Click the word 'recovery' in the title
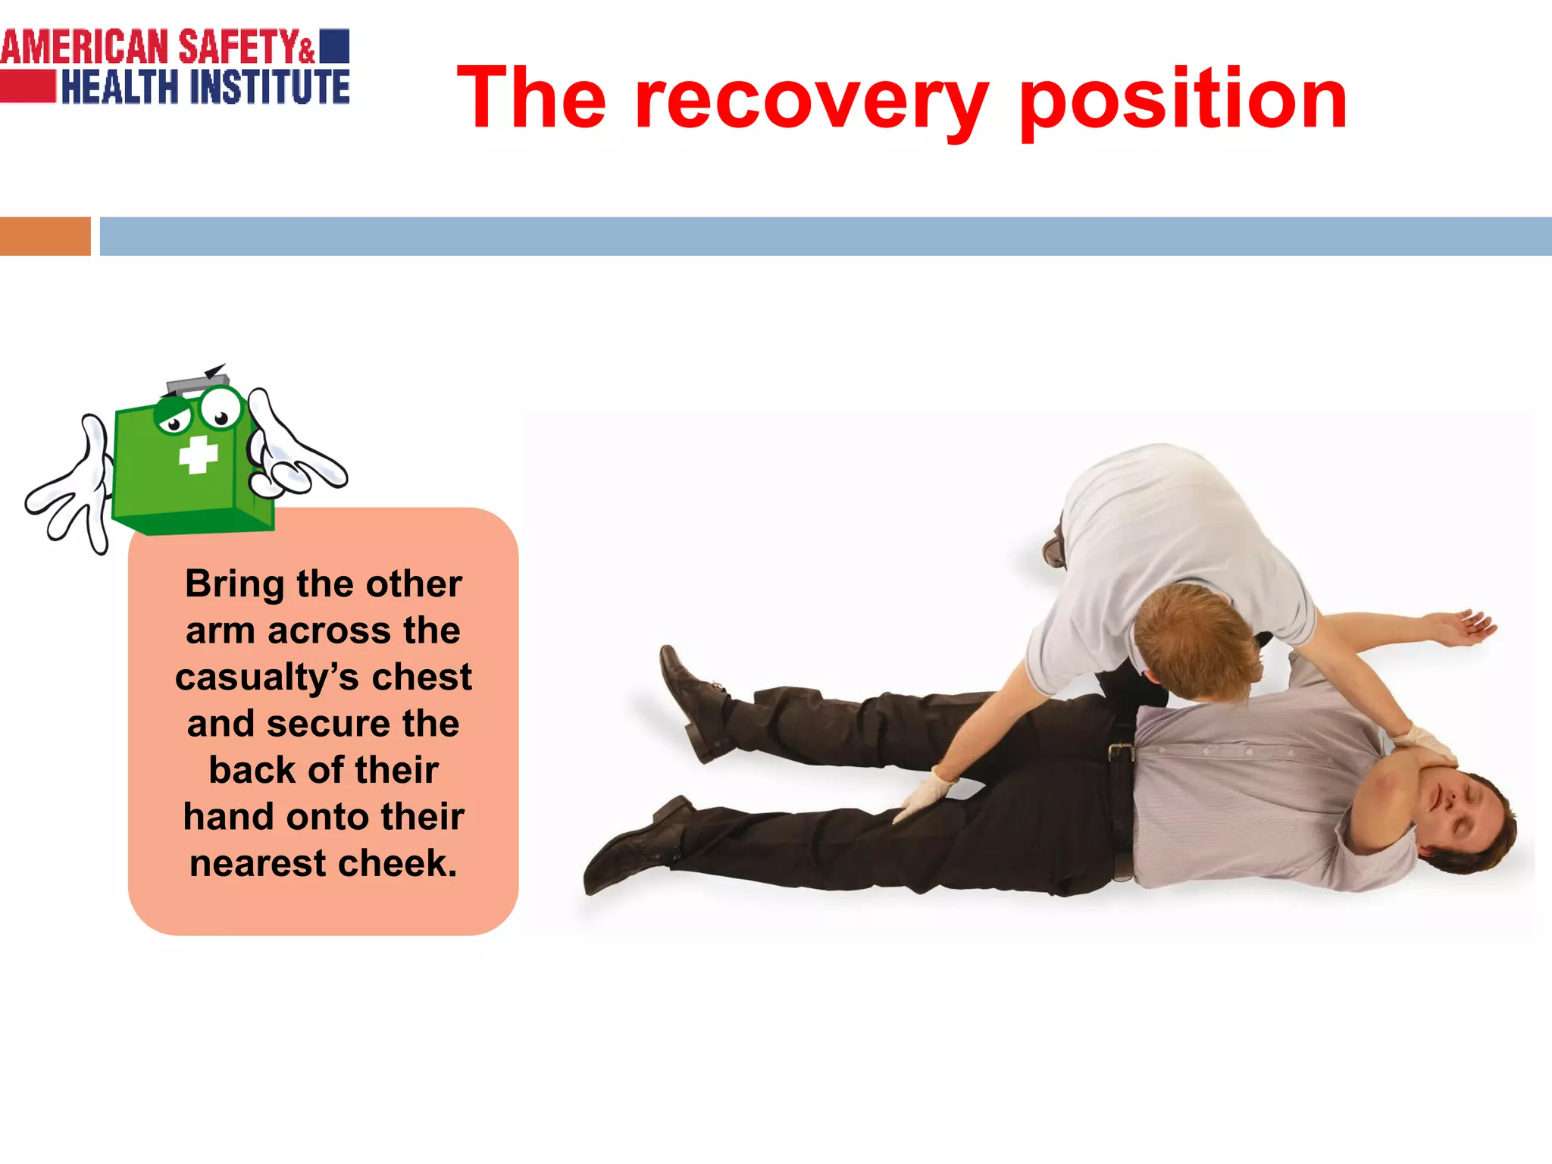811,99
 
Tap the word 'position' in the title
1182,99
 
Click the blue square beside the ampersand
334,45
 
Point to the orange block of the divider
45,236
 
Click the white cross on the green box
199,455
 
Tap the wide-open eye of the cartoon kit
221,409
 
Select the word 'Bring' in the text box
235,584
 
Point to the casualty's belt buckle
1120,753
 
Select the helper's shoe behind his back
1054,547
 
